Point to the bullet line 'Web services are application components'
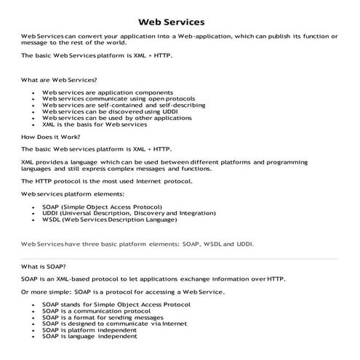click(x=107, y=92)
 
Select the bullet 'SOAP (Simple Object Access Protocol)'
click(x=102, y=207)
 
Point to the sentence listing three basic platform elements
click(x=137, y=244)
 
